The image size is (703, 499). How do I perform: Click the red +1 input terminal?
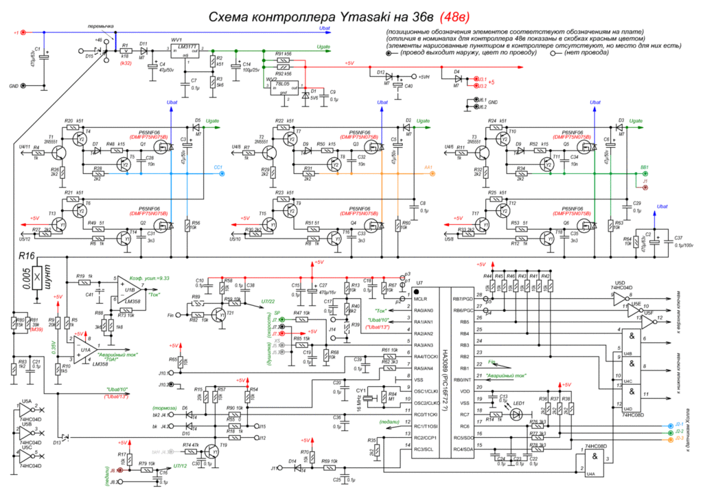[x=24, y=32]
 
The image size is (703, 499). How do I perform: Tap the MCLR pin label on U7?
[x=417, y=299]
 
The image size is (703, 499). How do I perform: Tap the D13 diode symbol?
[x=65, y=438]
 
